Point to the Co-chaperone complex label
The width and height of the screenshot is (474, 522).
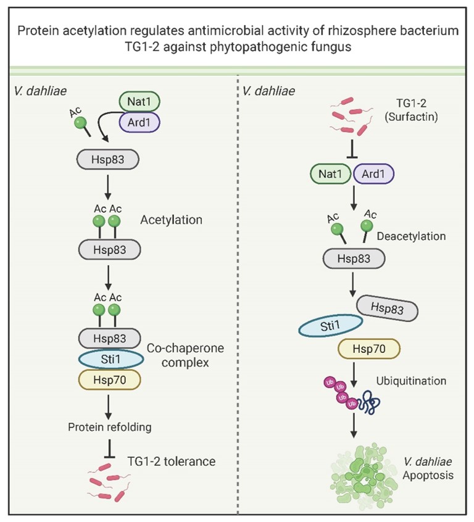pyautogui.click(x=186, y=355)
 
